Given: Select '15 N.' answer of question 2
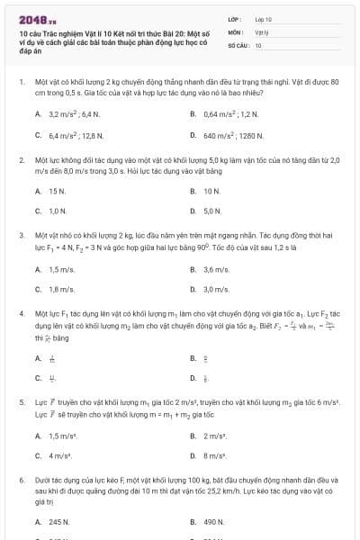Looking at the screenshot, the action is [x=57, y=191].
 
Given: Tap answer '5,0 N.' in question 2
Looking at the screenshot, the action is [x=212, y=211].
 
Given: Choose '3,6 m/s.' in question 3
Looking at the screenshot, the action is [x=215, y=269].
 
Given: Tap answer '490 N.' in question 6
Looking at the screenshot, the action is [x=213, y=521].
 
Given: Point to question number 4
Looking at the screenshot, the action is [x=21, y=316].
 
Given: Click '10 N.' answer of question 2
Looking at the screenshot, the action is [x=211, y=191].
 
